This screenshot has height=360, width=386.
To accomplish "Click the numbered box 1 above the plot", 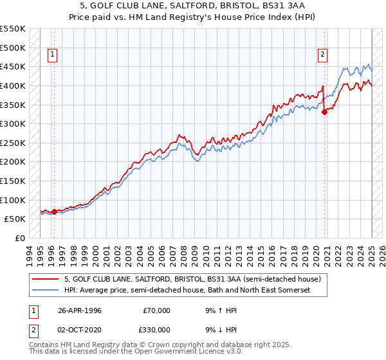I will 52,55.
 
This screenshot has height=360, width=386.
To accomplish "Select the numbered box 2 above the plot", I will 322,55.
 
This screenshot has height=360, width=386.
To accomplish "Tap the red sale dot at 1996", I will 54,211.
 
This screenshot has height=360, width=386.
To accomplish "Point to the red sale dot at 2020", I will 324,112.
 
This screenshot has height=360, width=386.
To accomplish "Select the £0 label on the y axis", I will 20,238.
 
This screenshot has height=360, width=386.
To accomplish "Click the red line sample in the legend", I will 46,280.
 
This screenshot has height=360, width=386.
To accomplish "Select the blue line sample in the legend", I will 46,291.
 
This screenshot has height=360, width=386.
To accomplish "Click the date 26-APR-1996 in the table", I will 78,310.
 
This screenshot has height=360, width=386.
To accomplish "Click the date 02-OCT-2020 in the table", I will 78,330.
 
